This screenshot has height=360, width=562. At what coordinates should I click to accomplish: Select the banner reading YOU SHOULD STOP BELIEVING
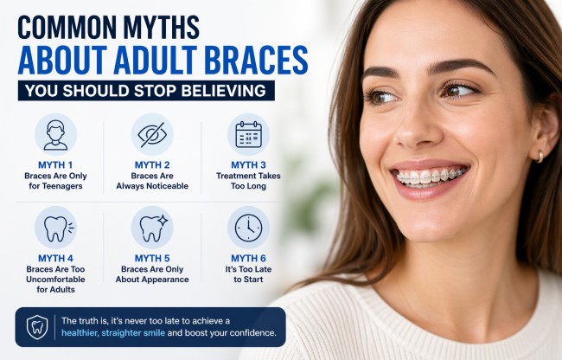(146, 91)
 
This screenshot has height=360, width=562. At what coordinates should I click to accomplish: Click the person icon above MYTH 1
(55, 134)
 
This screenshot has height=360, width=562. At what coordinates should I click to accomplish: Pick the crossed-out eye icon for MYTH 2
(152, 134)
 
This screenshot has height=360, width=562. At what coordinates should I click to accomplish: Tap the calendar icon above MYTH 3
(248, 134)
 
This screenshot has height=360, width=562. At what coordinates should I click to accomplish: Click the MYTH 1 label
(55, 164)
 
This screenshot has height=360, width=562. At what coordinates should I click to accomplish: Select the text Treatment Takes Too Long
(248, 181)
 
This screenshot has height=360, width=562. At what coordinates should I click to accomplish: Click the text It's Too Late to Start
(248, 275)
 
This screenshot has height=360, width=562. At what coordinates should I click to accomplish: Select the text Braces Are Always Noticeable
(152, 181)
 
